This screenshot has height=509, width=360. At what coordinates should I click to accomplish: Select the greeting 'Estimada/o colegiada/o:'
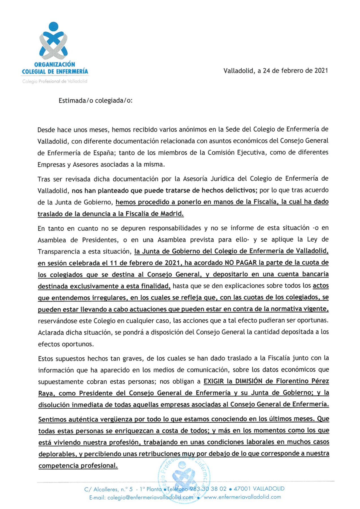tap(95, 101)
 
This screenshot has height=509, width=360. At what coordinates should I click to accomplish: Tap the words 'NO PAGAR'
tap(241, 263)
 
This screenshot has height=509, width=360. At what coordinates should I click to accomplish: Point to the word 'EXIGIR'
tap(214, 381)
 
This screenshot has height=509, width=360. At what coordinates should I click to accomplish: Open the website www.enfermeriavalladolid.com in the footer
tap(242, 497)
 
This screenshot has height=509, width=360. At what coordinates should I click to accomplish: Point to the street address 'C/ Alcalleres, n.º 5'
tap(108, 489)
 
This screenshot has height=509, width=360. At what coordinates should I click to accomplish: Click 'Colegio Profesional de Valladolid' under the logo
tap(55, 81)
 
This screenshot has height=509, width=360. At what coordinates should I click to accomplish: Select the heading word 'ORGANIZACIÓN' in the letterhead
tap(55, 64)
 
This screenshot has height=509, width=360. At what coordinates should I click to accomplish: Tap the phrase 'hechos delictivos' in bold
tap(228, 190)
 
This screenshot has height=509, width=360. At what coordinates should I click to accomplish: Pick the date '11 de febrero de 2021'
tap(145, 263)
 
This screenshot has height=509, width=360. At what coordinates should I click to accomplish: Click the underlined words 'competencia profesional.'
tap(78, 466)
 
